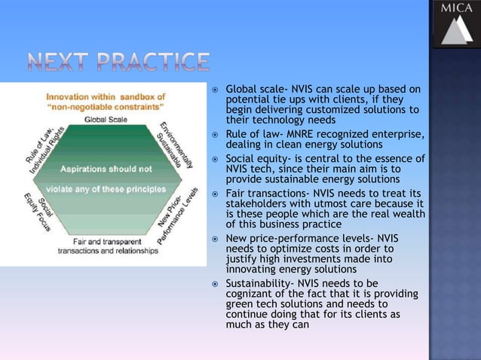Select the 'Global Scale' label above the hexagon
coord(105,118)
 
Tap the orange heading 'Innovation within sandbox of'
coord(105,97)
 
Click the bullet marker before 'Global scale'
coord(215,90)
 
